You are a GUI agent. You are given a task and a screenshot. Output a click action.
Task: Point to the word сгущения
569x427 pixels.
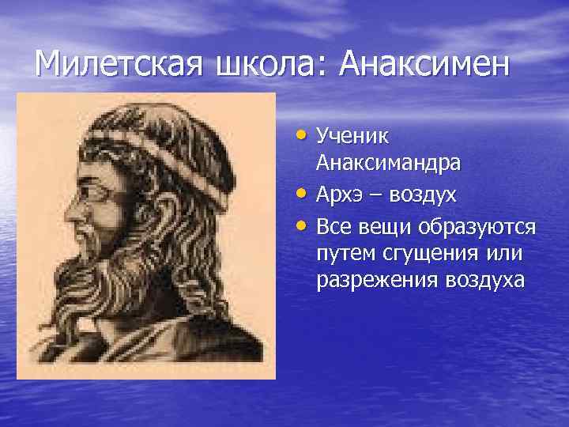click(x=422, y=253)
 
